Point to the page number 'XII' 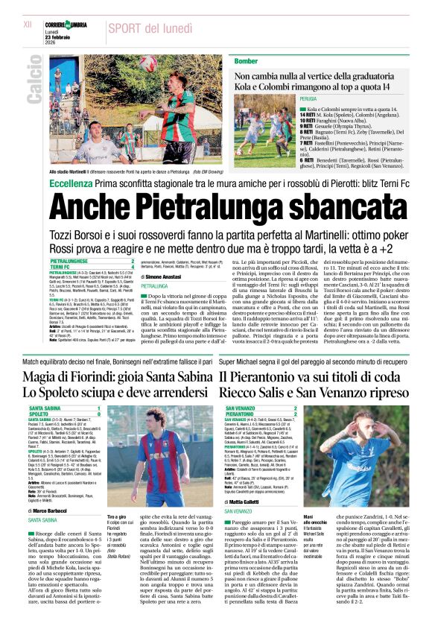(28, 25)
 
